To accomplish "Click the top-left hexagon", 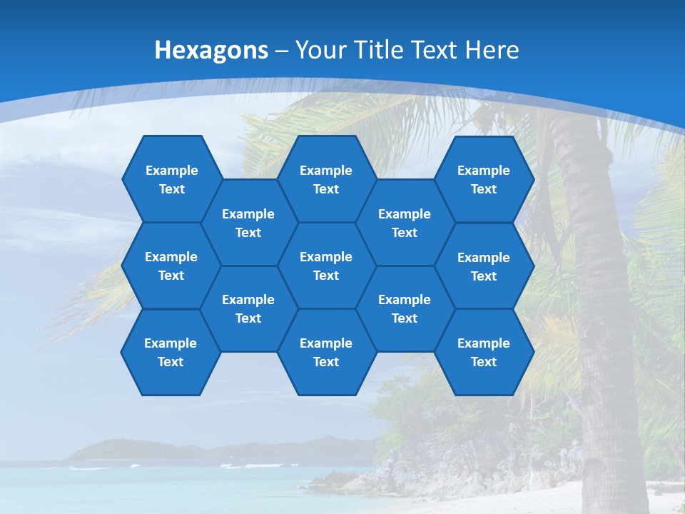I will [171, 179].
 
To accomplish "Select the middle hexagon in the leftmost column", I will [171, 266].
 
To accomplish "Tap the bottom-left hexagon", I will [171, 352].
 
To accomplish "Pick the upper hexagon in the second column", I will [248, 223].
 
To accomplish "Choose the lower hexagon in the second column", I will [248, 308].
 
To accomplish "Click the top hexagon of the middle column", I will [326, 179].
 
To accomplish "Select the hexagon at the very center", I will [326, 266].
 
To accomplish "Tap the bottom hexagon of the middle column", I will [326, 352].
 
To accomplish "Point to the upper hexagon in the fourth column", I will [405, 223].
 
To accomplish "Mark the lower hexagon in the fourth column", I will [405, 308].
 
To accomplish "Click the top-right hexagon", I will [484, 179].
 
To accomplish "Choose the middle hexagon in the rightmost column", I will [484, 266].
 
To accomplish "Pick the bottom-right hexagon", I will [484, 352].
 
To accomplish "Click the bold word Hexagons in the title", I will [211, 50].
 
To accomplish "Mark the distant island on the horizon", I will [143, 450].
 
